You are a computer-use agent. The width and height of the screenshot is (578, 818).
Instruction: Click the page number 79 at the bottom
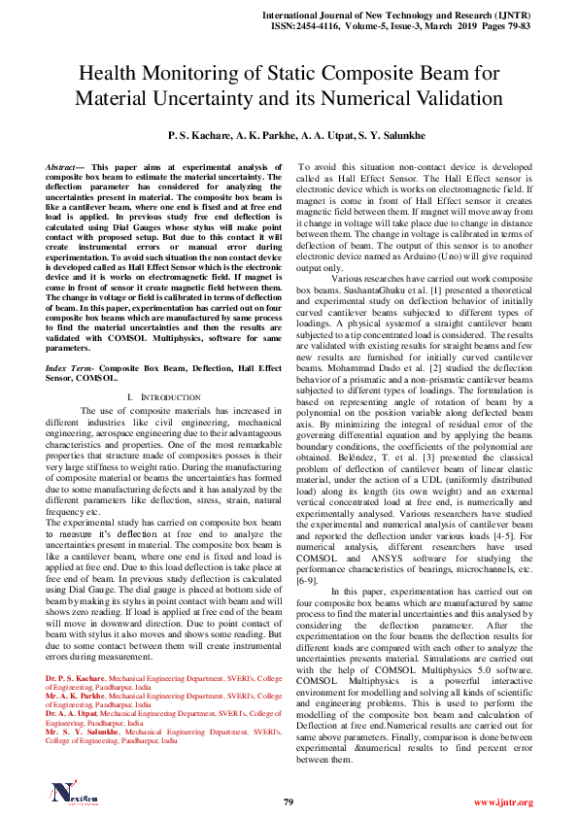point(288,801)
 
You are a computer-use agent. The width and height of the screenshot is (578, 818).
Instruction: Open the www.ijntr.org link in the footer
point(503,802)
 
